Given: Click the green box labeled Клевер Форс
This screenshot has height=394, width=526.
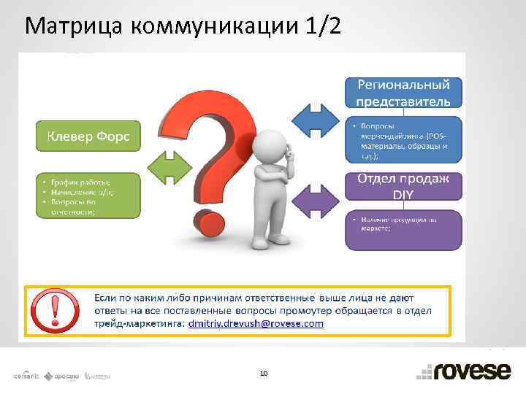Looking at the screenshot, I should [x=88, y=136].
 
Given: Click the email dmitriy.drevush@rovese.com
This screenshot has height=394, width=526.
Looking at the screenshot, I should [x=255, y=322].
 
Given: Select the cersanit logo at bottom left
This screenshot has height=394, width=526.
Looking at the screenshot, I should [x=27, y=376].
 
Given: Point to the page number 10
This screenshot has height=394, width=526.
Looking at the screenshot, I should [x=263, y=373].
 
